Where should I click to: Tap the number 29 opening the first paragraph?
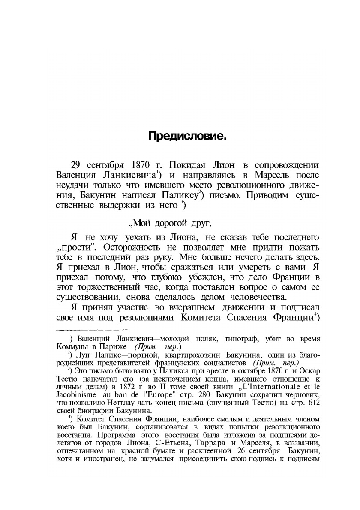(x=75, y=166)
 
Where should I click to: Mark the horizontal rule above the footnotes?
(x=92, y=330)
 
